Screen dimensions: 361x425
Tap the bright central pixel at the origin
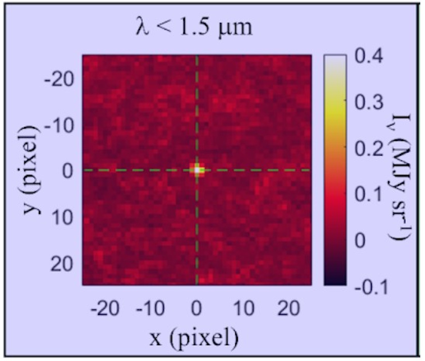click(x=197, y=170)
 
